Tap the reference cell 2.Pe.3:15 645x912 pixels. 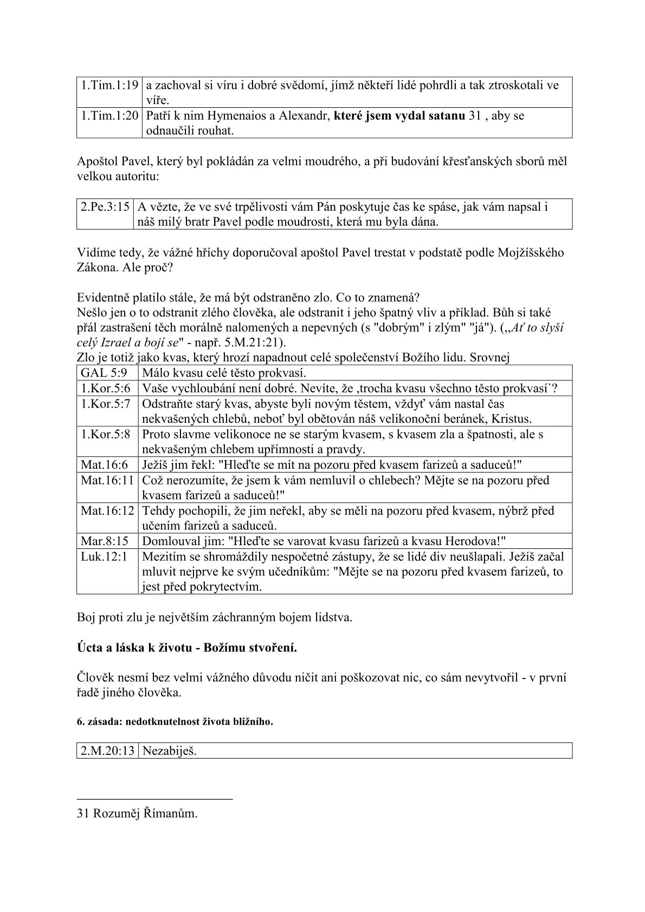[106, 206]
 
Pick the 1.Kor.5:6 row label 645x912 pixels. [106, 389]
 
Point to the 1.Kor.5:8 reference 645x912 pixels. [106, 435]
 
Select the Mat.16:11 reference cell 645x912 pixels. [107, 480]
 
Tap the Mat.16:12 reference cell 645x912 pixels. [107, 510]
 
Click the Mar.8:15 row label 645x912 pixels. [105, 541]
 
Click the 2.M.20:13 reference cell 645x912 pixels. [107, 751]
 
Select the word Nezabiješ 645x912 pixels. [169, 751]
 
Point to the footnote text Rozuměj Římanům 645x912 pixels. [145, 813]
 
